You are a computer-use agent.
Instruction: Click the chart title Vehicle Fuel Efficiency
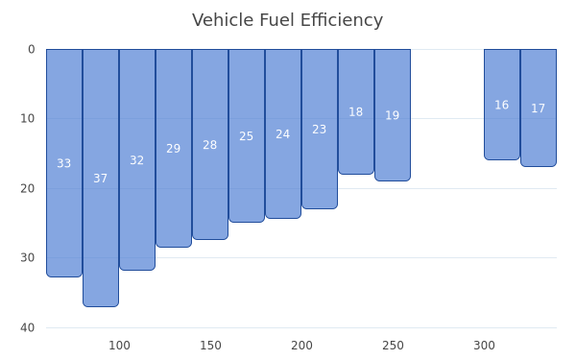[x=287, y=20]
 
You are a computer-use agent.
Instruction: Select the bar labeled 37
[x=101, y=178]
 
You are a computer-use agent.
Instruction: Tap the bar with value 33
[x=64, y=163]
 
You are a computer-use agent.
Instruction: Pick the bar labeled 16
[x=502, y=105]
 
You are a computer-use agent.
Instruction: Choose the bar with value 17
[x=539, y=108]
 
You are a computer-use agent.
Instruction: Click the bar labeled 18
[x=356, y=111]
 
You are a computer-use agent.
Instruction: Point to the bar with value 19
[x=393, y=115]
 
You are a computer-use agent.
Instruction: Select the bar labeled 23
[x=320, y=129]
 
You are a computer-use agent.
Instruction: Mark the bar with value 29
[x=174, y=148]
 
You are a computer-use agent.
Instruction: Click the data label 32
[x=136, y=160]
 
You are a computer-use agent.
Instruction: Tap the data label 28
[x=209, y=145]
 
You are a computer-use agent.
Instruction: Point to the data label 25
[x=246, y=136]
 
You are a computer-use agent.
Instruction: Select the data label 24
[x=283, y=134]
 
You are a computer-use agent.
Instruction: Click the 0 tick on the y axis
[x=32, y=49]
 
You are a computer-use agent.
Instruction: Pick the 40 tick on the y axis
[x=28, y=327]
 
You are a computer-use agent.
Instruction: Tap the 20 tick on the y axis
[x=28, y=188]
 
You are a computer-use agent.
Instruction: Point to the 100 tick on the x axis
[x=119, y=346]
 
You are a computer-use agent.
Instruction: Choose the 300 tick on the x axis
[x=484, y=346]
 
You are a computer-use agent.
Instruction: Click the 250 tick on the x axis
[x=393, y=346]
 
